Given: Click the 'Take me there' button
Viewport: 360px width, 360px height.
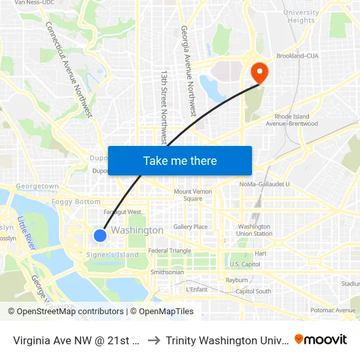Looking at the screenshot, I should click(180, 160).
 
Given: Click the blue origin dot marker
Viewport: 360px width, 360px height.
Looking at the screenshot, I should click(99, 236).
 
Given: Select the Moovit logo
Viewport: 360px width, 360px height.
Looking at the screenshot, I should click(321, 339).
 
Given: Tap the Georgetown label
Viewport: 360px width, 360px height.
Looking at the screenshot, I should click(37, 187).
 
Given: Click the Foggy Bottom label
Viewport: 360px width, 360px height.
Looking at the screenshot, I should click(77, 202).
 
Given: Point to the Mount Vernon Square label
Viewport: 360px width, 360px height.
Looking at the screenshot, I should click(192, 195).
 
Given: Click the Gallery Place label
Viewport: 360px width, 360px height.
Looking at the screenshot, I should click(190, 227).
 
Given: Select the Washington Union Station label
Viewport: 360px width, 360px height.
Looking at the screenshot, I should click(255, 230).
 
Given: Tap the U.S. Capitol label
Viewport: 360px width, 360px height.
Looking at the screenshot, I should click(245, 264).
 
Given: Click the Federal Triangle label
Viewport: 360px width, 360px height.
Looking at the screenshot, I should click(170, 251).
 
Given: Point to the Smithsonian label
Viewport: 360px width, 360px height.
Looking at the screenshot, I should click(167, 272).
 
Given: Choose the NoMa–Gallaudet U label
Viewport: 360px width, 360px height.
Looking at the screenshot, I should click(264, 185).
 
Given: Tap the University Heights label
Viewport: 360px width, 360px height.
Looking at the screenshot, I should click(301, 16).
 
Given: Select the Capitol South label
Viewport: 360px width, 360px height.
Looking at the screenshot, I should click(253, 291).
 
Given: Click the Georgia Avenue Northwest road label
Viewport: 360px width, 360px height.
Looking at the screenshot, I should click(189, 71).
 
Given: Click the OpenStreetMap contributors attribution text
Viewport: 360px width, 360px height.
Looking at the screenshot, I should click(70, 312).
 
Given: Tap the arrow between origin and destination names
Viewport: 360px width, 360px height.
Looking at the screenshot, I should click(153, 340).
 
